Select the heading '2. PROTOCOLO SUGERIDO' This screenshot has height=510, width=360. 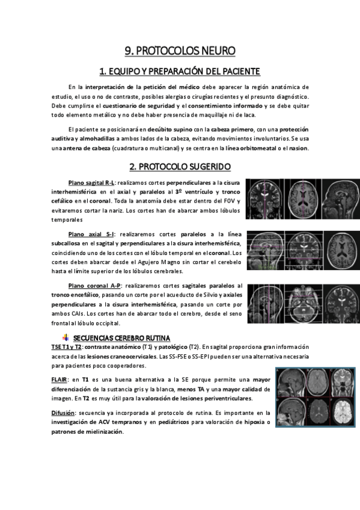click(180, 166)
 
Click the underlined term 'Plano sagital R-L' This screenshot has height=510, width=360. click(91, 182)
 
